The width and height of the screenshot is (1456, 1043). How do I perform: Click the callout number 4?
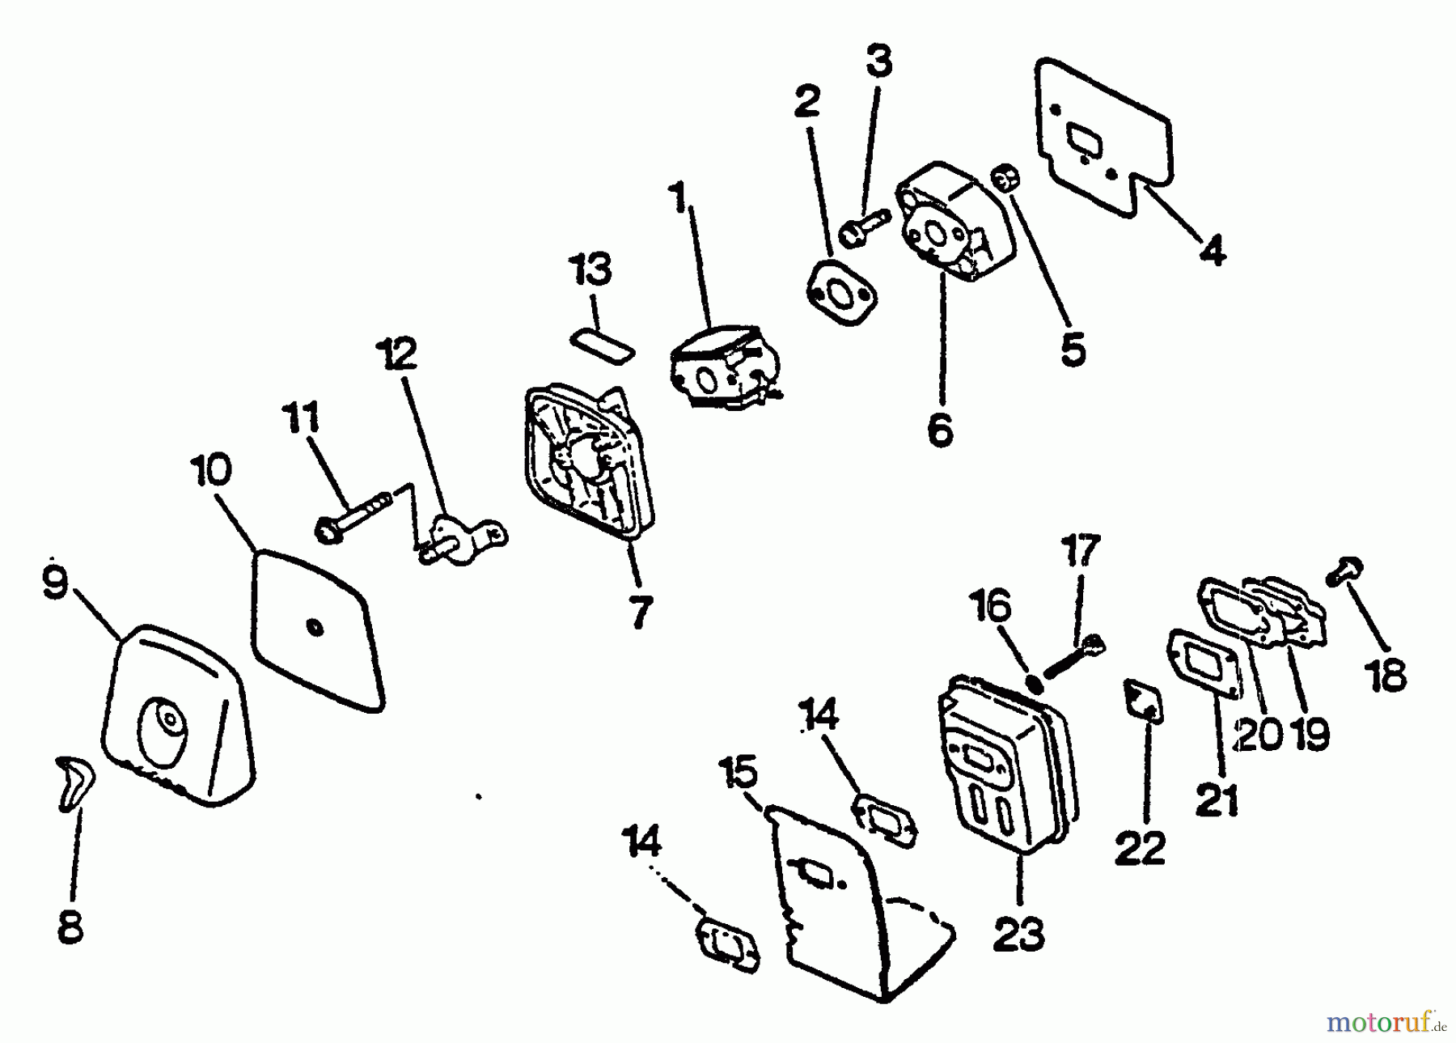[1212, 251]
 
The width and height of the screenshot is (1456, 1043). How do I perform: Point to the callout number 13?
[591, 270]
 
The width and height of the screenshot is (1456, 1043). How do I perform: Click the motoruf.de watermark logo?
[1386, 1023]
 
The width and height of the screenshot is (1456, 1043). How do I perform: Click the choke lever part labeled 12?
[461, 540]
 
